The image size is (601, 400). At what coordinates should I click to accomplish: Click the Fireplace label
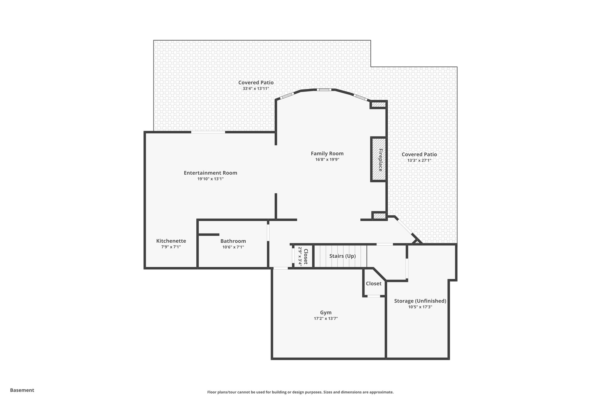[x=381, y=160]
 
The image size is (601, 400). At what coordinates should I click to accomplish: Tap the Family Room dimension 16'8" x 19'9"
[x=327, y=160]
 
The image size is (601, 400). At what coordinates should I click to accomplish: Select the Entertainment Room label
[x=210, y=173]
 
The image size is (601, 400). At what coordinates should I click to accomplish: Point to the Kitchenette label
[x=171, y=241]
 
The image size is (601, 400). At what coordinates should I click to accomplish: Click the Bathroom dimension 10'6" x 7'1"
[x=233, y=247]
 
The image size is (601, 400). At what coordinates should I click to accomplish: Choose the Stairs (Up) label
[x=342, y=256]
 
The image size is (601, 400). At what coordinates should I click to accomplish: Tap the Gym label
[x=326, y=313]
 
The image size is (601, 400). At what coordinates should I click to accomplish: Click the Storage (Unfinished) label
[x=420, y=301]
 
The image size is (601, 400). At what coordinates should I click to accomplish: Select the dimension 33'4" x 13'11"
[x=256, y=88]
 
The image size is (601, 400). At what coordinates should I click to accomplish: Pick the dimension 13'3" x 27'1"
[x=419, y=160]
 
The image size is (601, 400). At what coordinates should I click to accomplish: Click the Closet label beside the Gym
[x=374, y=284]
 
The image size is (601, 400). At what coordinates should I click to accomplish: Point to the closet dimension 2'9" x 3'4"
[x=300, y=256]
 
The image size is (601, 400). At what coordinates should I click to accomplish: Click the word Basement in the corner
[x=22, y=390]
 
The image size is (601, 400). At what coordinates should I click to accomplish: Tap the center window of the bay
[x=324, y=90]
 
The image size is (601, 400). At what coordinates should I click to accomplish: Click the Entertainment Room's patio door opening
[x=208, y=132]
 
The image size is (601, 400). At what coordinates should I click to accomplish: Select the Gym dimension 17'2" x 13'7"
[x=326, y=319]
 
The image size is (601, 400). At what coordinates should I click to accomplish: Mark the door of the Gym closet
[x=374, y=296]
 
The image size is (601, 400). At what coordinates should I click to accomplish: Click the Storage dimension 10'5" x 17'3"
[x=420, y=307]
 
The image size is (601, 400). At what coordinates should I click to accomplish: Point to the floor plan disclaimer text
[x=300, y=392]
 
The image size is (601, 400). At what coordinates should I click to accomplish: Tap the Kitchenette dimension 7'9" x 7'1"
[x=171, y=247]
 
